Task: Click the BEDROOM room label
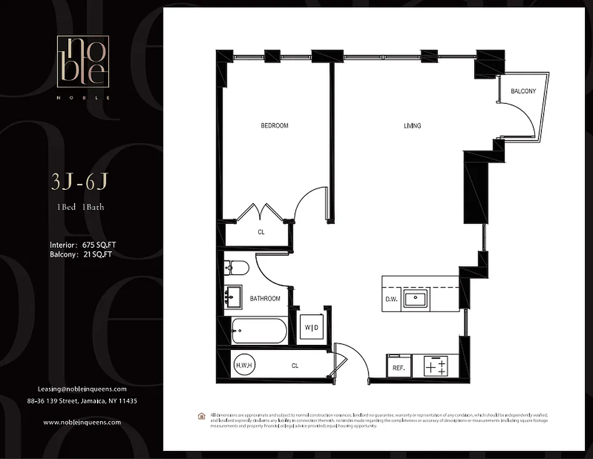tap(274, 126)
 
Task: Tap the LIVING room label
tap(412, 126)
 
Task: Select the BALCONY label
tap(523, 91)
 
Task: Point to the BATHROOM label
tap(265, 299)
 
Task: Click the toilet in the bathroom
tap(237, 267)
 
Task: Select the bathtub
tap(258, 331)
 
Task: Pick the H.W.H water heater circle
tap(243, 365)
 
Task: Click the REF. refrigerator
tap(398, 368)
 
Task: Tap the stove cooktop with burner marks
tap(435, 366)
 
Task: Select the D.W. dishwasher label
tap(392, 299)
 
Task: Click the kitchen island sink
tap(414, 299)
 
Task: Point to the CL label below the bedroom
tap(261, 232)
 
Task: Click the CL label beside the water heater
tap(294, 365)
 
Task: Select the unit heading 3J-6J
tap(79, 182)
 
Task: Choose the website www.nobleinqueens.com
tap(82, 422)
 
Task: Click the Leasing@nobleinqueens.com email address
tap(82, 388)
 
